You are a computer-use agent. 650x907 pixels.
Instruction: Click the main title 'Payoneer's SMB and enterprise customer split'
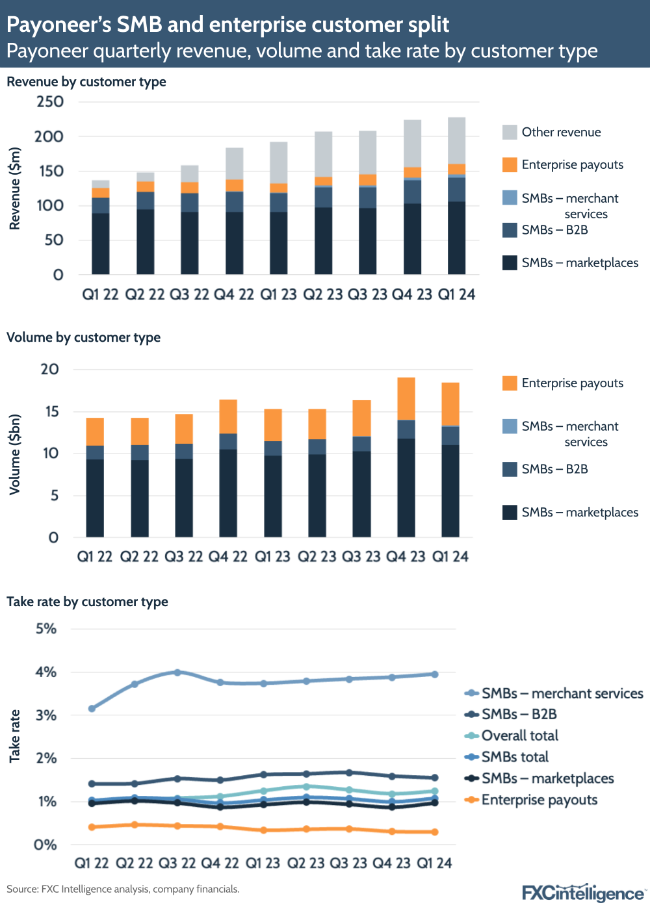click(x=227, y=24)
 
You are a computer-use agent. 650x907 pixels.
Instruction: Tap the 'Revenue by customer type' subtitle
click(x=86, y=82)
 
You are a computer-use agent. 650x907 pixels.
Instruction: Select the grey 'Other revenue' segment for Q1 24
click(x=456, y=140)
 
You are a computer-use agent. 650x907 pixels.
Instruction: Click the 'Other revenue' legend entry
click(x=560, y=132)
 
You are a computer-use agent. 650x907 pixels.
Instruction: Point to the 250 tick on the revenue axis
click(x=50, y=101)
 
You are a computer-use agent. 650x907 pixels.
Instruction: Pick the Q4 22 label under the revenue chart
click(x=233, y=294)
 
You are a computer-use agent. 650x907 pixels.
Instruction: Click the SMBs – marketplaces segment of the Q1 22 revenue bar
click(x=100, y=244)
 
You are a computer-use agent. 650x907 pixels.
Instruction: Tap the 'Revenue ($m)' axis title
click(x=14, y=188)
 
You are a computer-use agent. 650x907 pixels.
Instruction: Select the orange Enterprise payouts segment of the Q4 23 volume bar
click(x=406, y=399)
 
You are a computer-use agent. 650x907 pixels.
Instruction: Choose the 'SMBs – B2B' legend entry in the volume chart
click(x=554, y=469)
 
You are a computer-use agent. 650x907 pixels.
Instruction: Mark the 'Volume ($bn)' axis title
click(x=14, y=454)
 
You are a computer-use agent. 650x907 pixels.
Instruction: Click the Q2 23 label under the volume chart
click(x=317, y=557)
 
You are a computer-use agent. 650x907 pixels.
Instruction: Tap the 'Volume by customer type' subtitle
click(x=83, y=337)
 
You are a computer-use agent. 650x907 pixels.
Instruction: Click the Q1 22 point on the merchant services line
click(x=92, y=708)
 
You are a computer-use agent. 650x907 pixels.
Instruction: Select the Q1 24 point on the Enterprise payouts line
click(x=434, y=832)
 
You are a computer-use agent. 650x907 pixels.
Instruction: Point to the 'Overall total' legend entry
click(x=519, y=735)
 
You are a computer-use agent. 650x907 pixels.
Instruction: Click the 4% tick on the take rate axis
click(x=46, y=672)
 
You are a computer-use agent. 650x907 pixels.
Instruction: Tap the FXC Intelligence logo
click(x=584, y=891)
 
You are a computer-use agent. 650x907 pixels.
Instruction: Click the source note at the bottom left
click(x=123, y=889)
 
